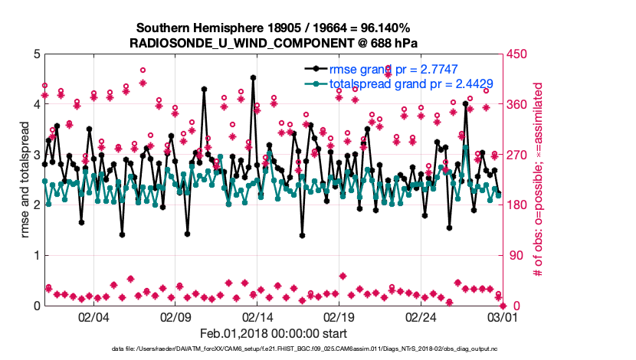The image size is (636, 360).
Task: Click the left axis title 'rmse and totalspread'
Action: (x=26, y=180)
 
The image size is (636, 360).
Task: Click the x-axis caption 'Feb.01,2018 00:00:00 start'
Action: (x=273, y=333)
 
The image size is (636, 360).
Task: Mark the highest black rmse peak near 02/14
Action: (x=253, y=77)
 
